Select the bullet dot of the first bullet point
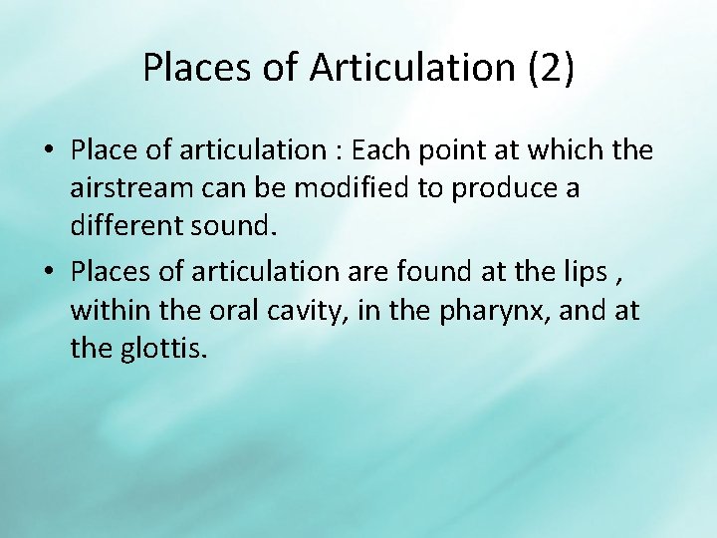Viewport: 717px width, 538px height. coord(48,151)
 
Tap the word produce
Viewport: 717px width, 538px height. coord(502,187)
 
